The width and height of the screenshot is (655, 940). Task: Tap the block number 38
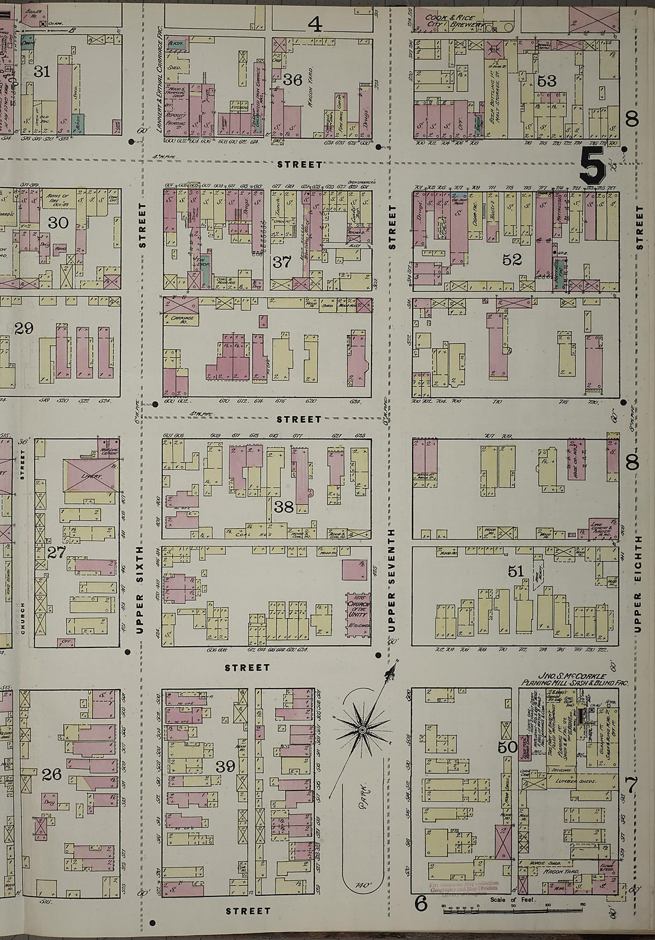[283, 507]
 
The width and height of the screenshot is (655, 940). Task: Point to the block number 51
[516, 572]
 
